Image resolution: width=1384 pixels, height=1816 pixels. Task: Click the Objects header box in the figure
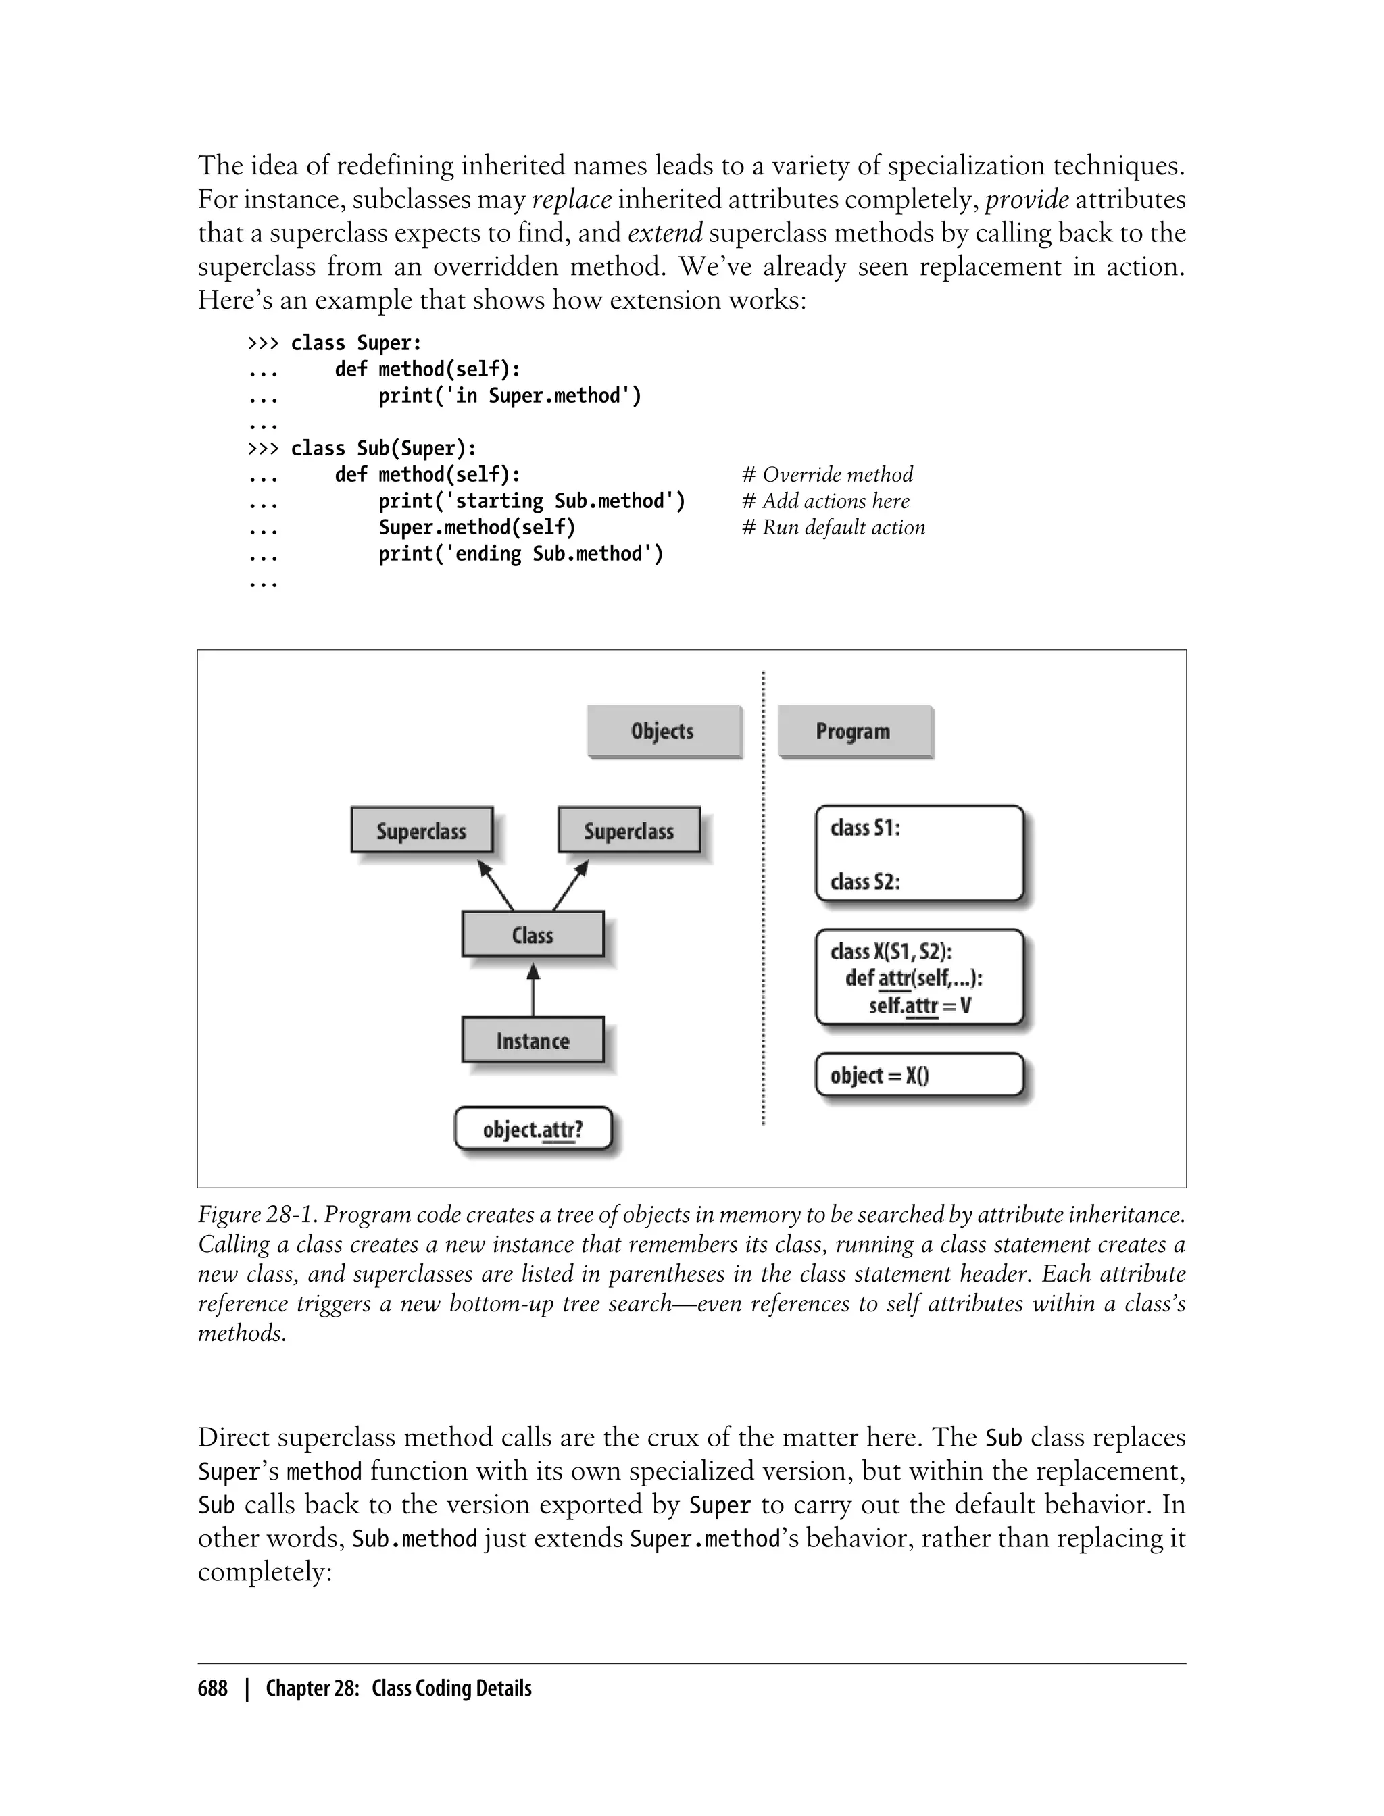click(663, 732)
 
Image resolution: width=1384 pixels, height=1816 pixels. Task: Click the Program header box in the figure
click(854, 732)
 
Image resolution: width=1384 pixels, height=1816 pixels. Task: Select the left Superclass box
click(422, 830)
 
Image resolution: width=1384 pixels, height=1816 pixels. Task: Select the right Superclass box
click(628, 830)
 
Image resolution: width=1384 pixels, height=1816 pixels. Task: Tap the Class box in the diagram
click(533, 935)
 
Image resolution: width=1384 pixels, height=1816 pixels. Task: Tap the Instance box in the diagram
click(533, 1040)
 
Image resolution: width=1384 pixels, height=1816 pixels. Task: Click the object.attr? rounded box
click(533, 1129)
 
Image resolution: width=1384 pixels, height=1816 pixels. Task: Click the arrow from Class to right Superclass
click(571, 885)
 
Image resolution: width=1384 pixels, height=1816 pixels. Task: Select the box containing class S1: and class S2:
click(918, 854)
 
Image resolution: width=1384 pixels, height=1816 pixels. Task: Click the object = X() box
click(918, 1075)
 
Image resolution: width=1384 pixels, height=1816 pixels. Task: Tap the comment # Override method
click(828, 474)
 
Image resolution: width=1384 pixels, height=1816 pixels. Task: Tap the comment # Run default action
click(834, 527)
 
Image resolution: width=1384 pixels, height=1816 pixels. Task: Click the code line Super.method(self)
click(477, 527)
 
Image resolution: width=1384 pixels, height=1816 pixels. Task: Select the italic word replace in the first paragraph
click(572, 200)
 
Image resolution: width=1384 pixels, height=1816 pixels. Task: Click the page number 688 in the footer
click(213, 1688)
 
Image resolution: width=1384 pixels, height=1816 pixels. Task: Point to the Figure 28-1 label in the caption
click(257, 1215)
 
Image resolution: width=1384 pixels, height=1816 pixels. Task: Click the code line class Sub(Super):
click(383, 448)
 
